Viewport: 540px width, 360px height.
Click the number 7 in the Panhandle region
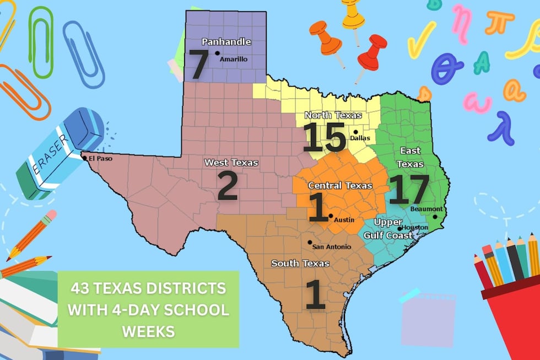click(198, 64)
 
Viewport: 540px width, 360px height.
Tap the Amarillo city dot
click(217, 54)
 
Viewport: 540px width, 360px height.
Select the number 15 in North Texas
click(325, 138)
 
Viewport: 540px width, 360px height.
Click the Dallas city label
click(360, 138)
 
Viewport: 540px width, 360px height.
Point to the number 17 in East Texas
click(408, 190)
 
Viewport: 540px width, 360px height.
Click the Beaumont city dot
click(435, 217)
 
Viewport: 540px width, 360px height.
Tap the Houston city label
click(415, 227)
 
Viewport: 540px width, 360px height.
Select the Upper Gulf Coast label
click(388, 229)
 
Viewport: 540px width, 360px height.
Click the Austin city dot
click(330, 216)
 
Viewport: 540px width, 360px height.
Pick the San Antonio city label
click(332, 246)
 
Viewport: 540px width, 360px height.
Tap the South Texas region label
click(300, 264)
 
